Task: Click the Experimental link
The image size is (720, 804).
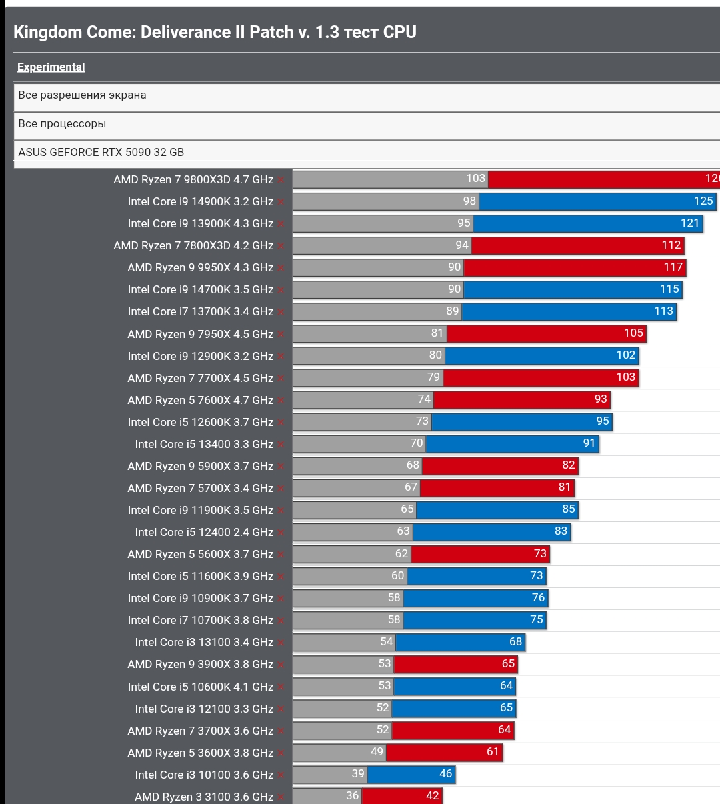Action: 51,67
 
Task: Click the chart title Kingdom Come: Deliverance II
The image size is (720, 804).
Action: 215,32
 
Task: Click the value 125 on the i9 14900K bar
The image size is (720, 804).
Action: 703,201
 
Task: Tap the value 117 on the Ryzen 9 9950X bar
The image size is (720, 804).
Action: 673,267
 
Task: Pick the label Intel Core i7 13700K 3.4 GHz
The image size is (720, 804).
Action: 200,311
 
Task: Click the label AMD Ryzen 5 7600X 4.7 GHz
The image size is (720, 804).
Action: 200,400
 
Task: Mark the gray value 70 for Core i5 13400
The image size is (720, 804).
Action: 417,443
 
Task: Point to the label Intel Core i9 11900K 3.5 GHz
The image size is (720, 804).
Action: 200,510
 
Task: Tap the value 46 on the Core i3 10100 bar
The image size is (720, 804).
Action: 445,774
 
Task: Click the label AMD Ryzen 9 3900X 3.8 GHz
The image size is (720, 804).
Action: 200,664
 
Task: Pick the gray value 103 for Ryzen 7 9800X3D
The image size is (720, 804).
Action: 475,179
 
